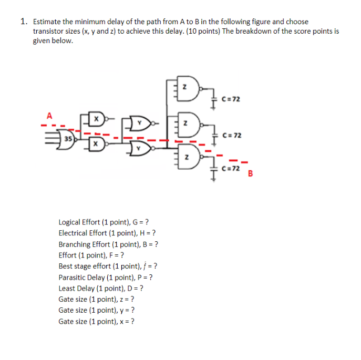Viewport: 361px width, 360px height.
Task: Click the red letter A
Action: tap(50, 115)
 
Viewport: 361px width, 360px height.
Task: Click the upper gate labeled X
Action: tap(97, 120)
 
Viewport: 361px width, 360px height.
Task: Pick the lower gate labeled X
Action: tap(97, 143)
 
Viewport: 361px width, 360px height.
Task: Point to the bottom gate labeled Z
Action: tap(186, 158)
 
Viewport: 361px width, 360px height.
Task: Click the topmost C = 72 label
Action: tap(231, 98)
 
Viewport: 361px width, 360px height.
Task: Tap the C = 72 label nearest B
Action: tap(231, 168)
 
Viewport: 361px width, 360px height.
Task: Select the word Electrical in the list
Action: tap(73, 233)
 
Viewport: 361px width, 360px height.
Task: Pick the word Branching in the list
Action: tap(74, 244)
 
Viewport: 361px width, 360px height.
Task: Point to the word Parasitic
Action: tap(72, 277)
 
